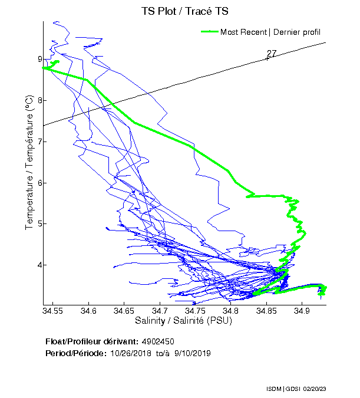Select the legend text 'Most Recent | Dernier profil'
pyautogui.click(x=270, y=32)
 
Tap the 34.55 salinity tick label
pyautogui.click(x=53, y=311)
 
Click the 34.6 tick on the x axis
pyautogui.click(x=88, y=311)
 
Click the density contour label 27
pyautogui.click(x=272, y=54)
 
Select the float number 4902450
pyautogui.click(x=158, y=342)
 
